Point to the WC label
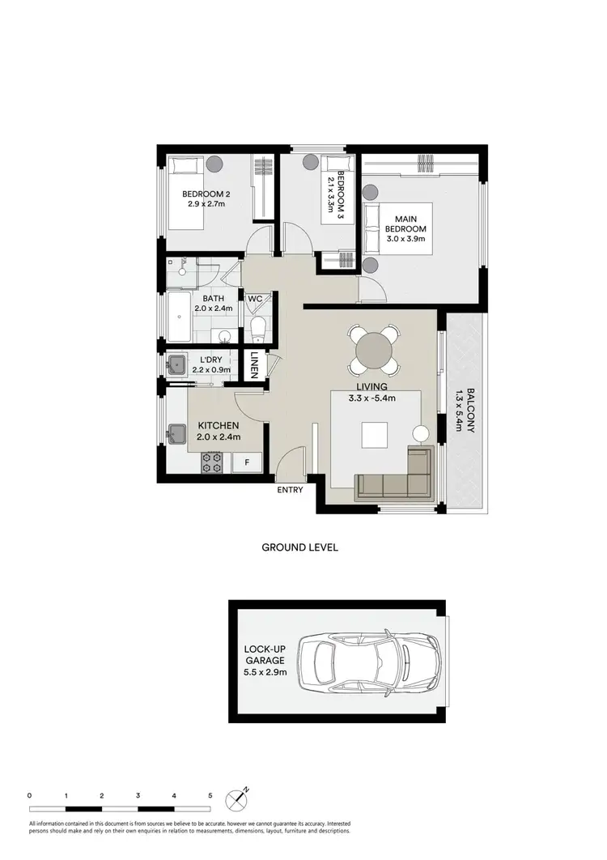coord(255,300)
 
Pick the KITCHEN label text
coord(217,426)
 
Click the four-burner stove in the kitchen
coord(212,462)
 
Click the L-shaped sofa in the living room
coord(397,478)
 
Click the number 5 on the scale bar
coord(210,796)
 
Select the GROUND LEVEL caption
coord(299,547)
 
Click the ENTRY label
coord(290,490)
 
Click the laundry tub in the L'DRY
coord(176,364)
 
